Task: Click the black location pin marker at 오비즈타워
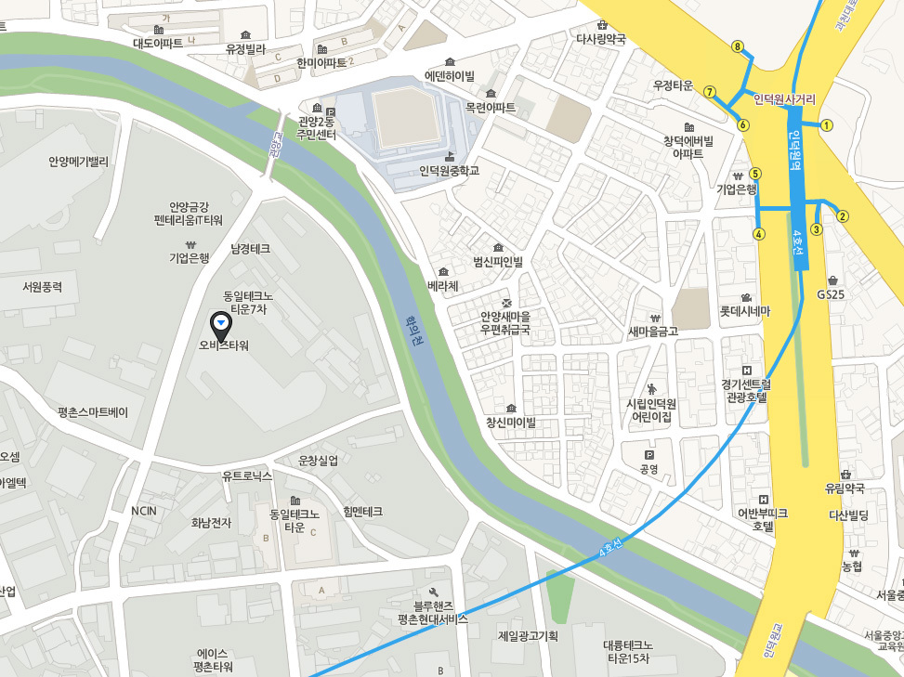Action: [221, 325]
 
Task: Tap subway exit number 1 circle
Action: [827, 124]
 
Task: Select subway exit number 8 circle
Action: [738, 46]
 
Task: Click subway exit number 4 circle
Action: [760, 234]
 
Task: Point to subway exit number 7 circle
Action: [710, 92]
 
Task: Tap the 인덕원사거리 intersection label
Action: [784, 98]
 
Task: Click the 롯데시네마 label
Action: [745, 311]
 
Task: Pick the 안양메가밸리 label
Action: [79, 162]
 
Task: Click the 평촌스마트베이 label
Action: [93, 411]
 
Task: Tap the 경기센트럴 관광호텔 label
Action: [743, 389]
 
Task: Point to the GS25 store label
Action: [830, 293]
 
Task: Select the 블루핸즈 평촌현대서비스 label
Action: [432, 612]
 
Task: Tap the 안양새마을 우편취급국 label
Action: [505, 322]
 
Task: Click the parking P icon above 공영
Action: [649, 455]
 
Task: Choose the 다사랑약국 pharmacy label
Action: [601, 39]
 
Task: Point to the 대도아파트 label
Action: [158, 43]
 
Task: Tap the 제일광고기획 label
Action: [528, 636]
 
